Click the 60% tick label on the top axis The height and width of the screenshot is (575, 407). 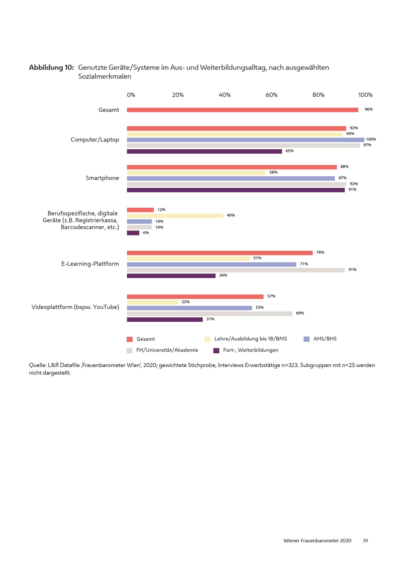(271, 95)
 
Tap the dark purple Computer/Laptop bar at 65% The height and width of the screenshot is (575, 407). (204, 151)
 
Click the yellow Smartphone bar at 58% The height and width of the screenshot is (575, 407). (196, 173)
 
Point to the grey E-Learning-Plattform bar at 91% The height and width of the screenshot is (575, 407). (236, 270)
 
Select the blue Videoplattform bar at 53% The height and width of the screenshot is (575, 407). (189, 308)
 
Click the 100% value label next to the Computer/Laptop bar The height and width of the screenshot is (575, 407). (371, 139)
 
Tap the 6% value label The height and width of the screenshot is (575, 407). (146, 233)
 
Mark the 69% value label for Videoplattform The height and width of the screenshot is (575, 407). (300, 313)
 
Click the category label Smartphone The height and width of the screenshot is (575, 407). (102, 178)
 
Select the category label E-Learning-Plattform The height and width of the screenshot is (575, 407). (90, 264)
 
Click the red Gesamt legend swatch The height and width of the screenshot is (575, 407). (130, 339)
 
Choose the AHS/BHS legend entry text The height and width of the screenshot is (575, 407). (325, 339)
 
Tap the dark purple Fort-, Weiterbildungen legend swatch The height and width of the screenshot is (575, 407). (216, 351)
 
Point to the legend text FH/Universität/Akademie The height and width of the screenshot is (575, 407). (167, 350)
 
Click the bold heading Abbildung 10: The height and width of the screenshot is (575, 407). (51, 68)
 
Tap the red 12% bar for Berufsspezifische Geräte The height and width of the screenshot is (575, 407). (140, 210)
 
